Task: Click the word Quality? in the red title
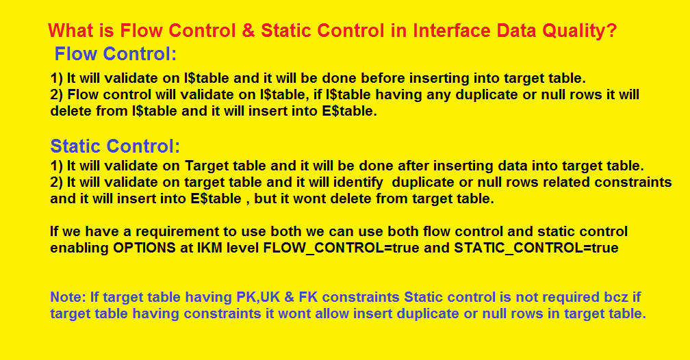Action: click(580, 31)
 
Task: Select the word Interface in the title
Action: click(448, 31)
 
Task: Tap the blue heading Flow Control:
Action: click(115, 53)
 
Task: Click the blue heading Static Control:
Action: click(115, 146)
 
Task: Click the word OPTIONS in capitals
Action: click(144, 248)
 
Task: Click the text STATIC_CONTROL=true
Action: click(536, 248)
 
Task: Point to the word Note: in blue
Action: click(68, 297)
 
